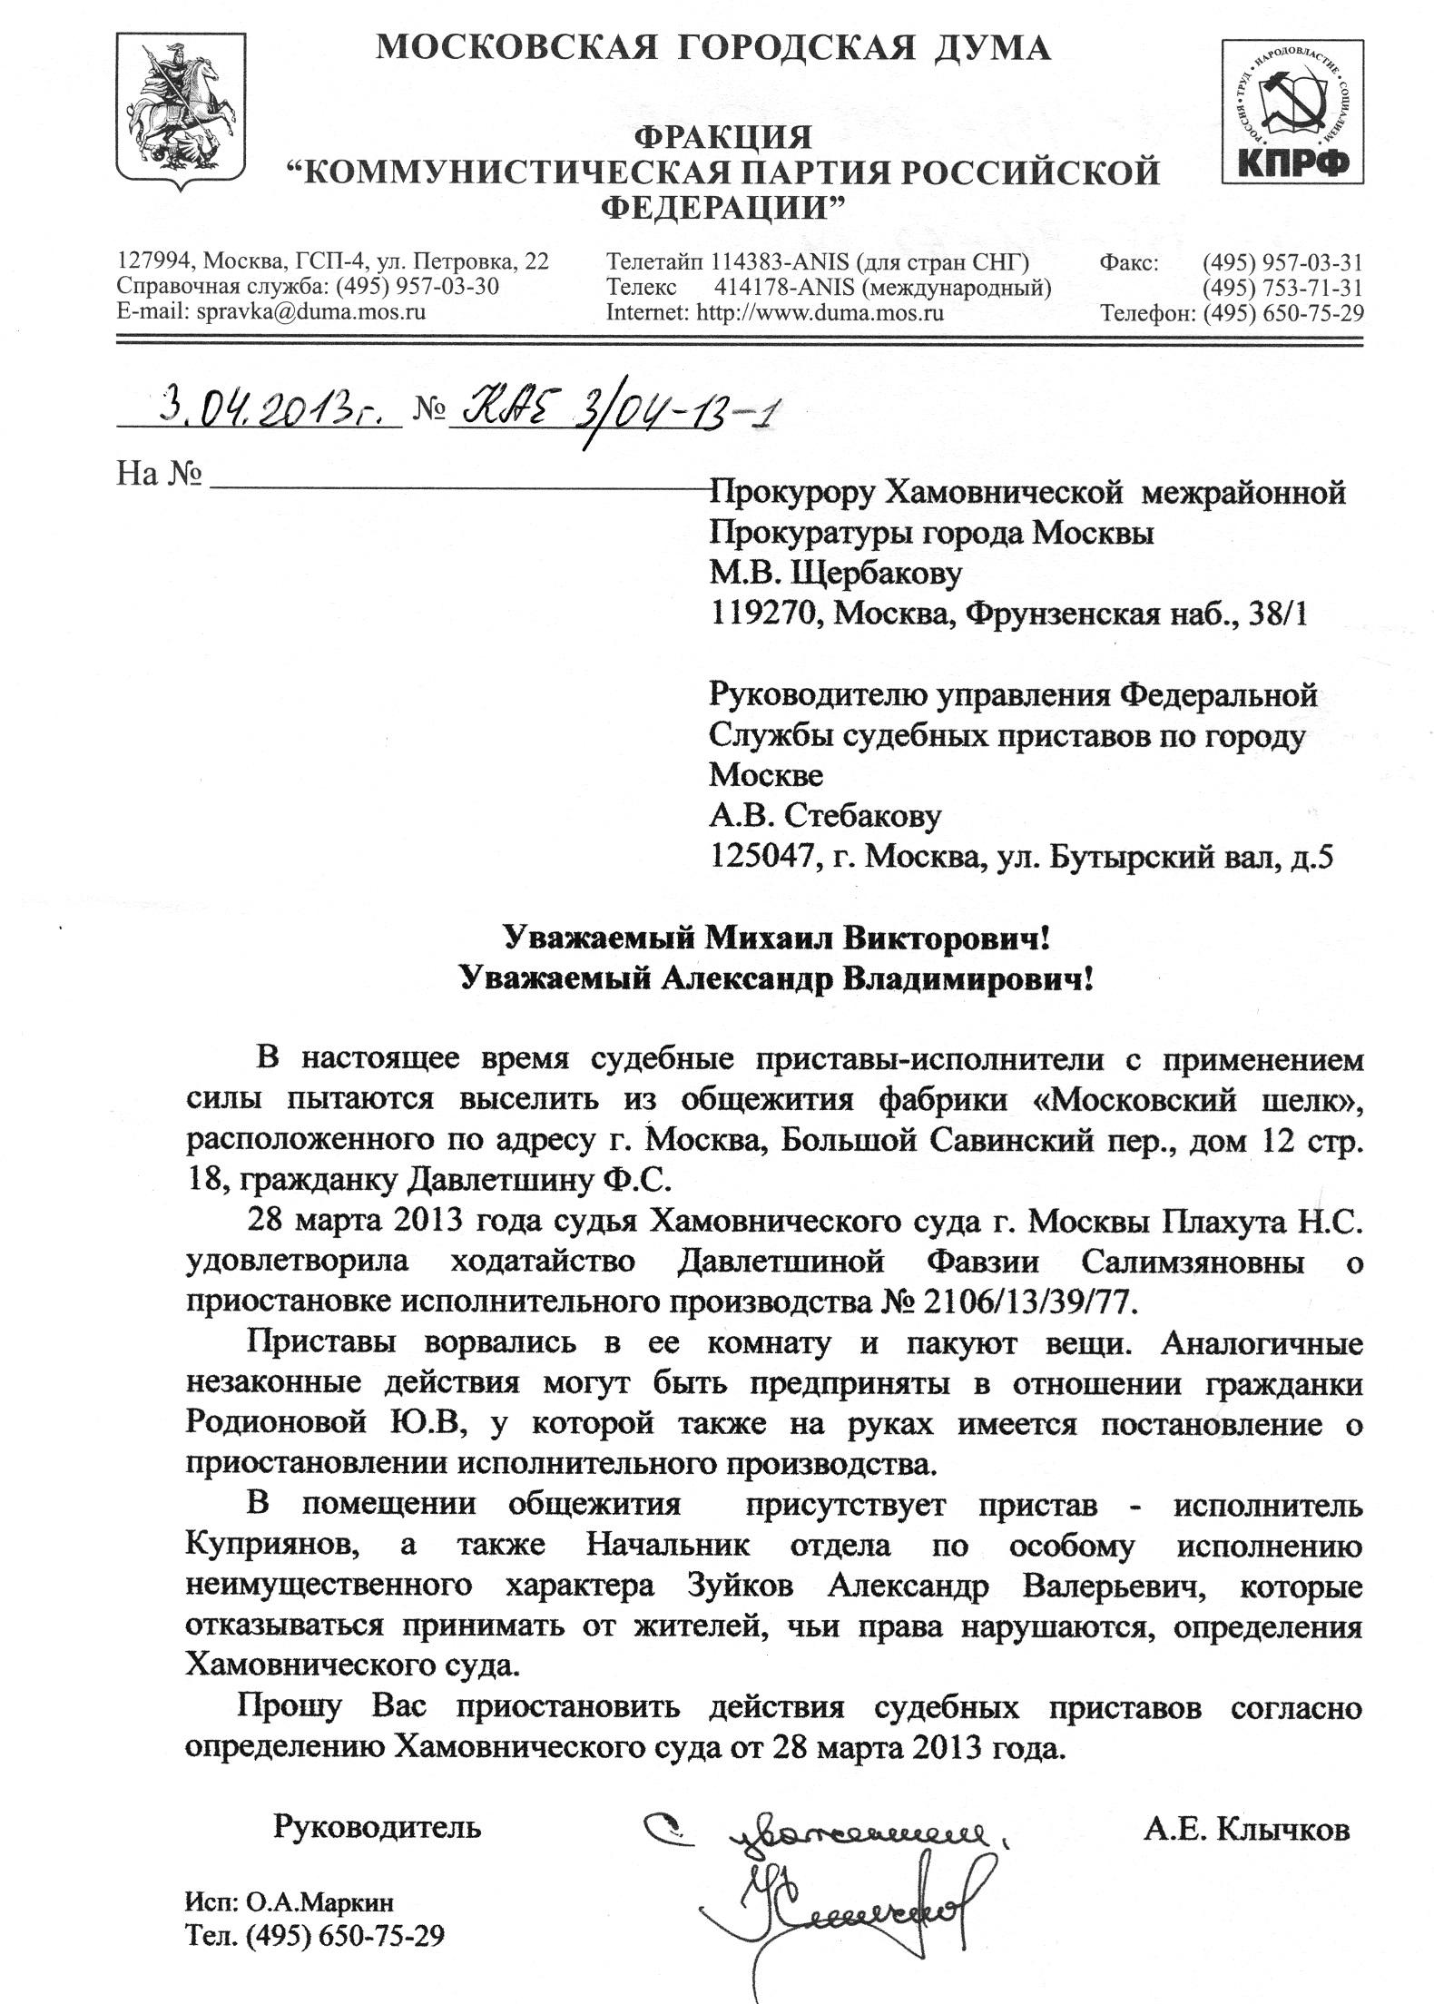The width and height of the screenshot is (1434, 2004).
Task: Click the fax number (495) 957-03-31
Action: [x=1282, y=263]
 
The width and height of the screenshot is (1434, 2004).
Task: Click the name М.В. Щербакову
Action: [x=835, y=574]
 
